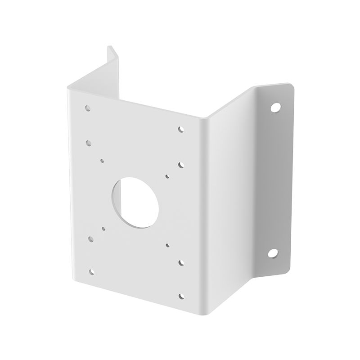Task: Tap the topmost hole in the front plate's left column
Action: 87,108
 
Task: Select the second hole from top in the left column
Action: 89,142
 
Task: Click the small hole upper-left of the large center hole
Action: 103,160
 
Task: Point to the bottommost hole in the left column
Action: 92,271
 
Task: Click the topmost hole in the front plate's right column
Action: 181,129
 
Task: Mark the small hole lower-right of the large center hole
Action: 167,245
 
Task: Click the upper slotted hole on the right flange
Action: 275,108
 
